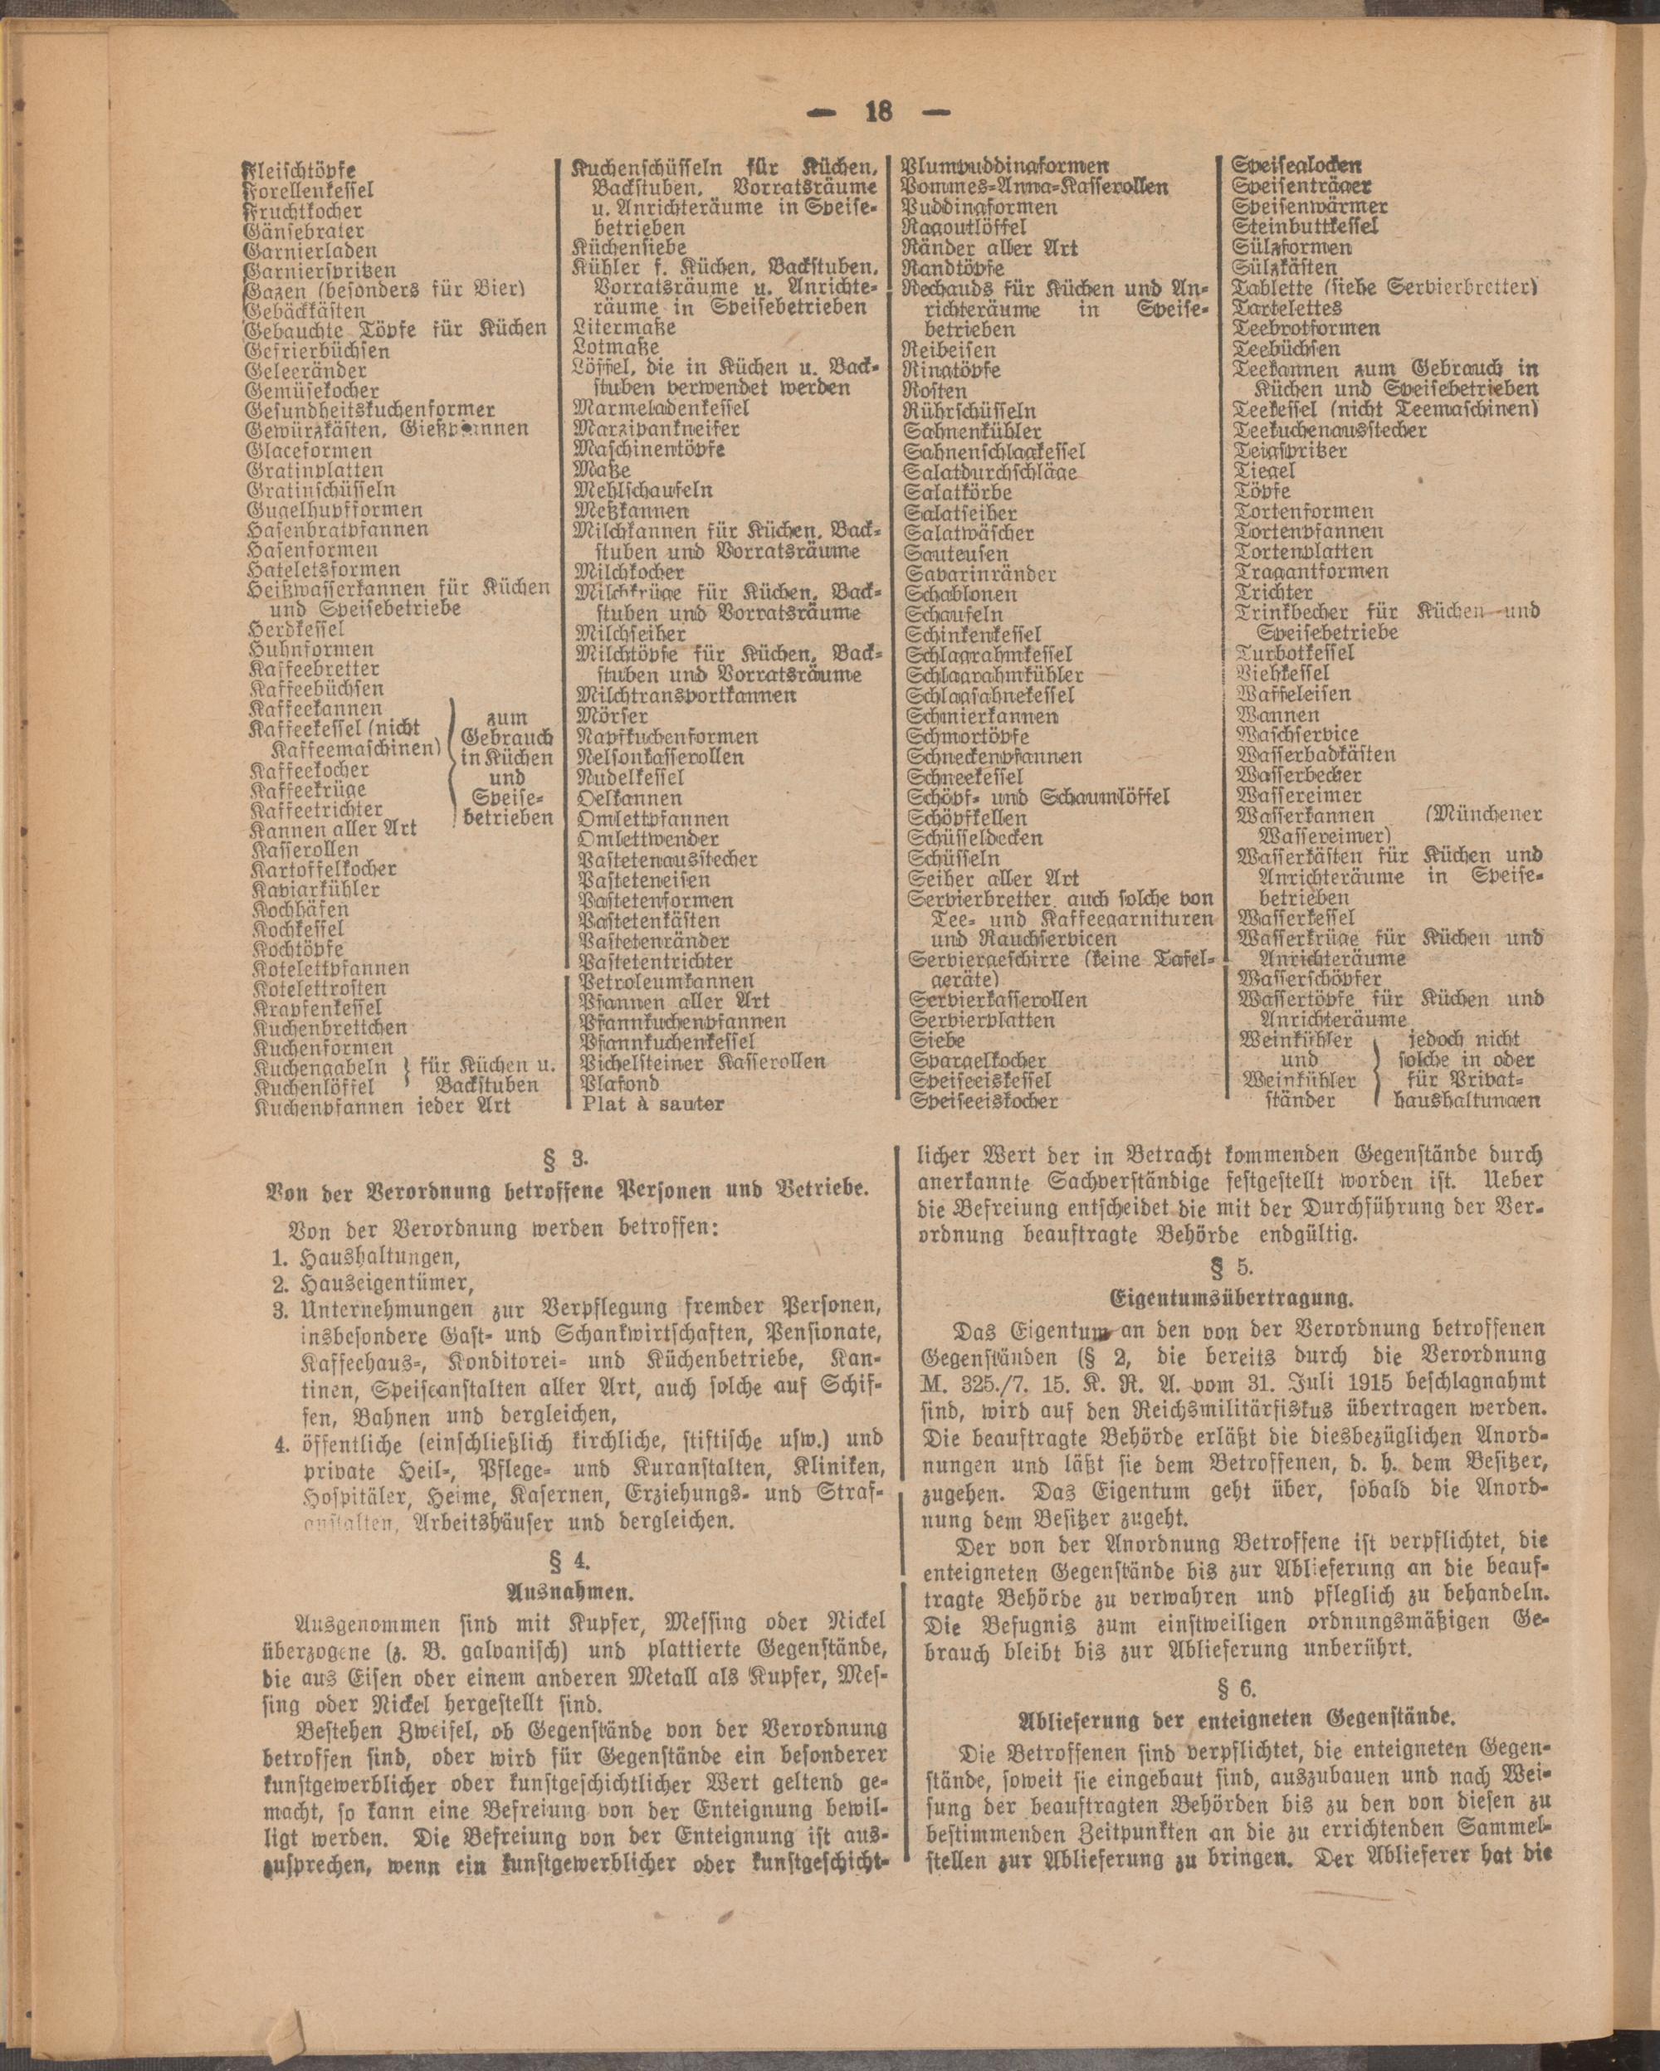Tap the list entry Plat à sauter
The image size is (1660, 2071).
click(x=653, y=1104)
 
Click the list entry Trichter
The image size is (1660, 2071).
click(x=1274, y=592)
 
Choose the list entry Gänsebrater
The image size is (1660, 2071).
click(x=305, y=231)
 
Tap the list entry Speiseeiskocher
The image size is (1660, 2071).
click(x=984, y=1101)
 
